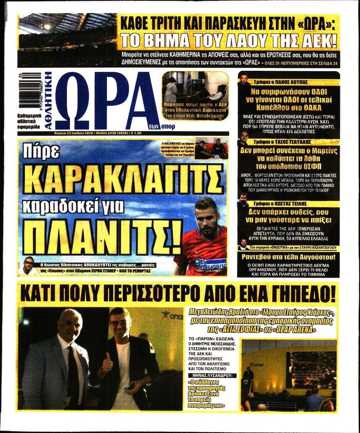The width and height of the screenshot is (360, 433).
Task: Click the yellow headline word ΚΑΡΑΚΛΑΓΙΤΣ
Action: [x=124, y=178]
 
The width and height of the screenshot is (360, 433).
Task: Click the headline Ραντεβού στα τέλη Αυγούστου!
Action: [x=288, y=257]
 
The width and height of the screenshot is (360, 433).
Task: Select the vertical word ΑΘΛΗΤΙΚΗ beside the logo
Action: [x=48, y=100]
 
